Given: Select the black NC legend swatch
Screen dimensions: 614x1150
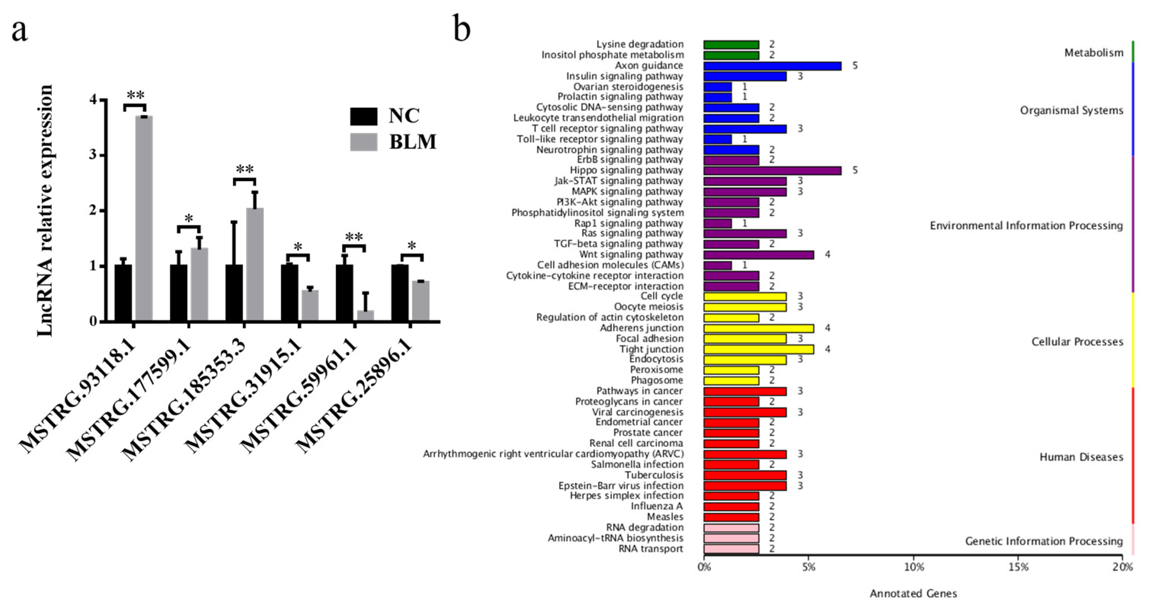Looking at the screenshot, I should pos(363,116).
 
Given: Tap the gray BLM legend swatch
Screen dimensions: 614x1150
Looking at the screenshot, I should pos(363,142).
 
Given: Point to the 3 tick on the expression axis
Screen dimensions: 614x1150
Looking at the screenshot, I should pos(93,155).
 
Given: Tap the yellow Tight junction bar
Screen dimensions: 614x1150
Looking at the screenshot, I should pos(758,349).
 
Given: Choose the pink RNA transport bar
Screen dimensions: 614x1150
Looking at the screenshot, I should pos(731,549).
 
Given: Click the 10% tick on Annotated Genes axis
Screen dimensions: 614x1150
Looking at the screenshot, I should pos(913,567).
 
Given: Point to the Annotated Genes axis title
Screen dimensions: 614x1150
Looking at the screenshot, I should pos(913,593).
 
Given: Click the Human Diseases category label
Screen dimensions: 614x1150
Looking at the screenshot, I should pos(1081,457).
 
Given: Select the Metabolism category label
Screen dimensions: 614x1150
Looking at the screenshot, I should pos(1093,53).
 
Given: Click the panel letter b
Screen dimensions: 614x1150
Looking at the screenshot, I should pos(462,29).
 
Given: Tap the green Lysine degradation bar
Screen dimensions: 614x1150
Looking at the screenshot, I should pos(731,45).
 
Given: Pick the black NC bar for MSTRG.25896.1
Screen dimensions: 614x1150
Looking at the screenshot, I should pos(400,292).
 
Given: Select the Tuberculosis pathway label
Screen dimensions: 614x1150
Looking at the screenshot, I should pos(654,475).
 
